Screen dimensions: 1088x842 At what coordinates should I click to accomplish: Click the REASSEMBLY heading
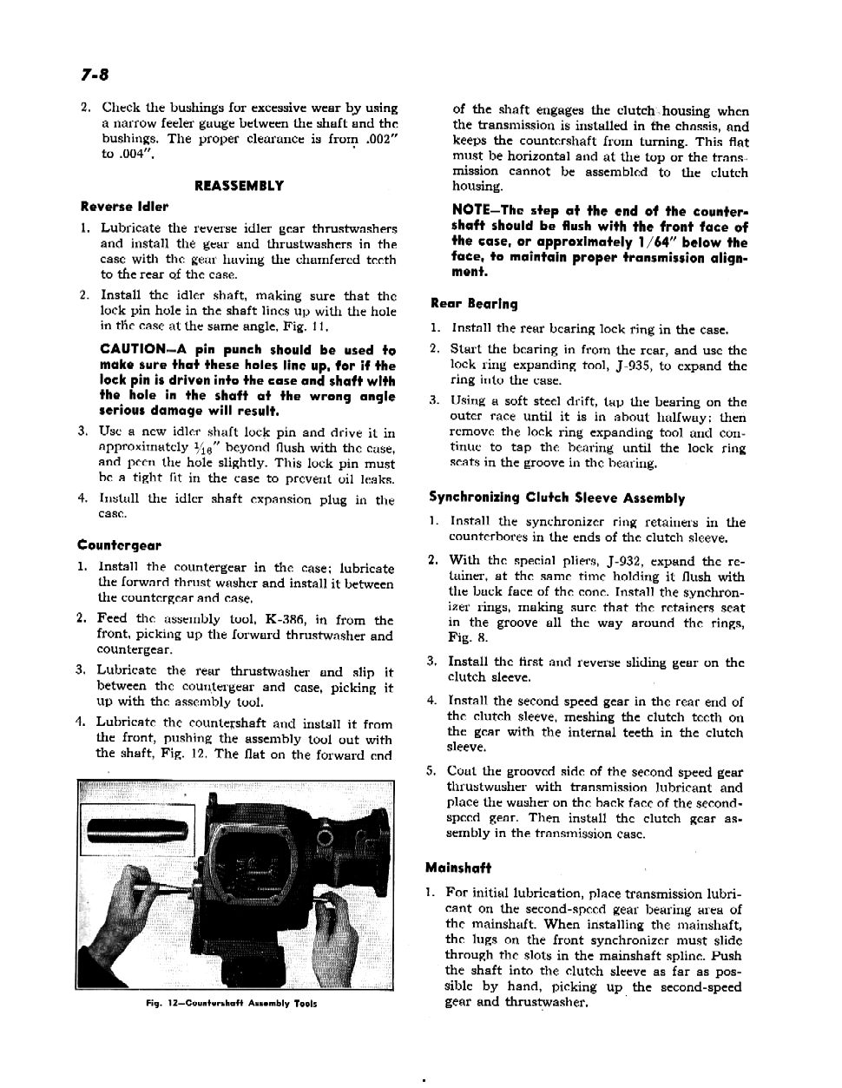[x=239, y=186]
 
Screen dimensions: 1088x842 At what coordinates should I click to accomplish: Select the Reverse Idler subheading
[x=124, y=207]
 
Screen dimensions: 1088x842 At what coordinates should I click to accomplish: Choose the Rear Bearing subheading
[x=474, y=304]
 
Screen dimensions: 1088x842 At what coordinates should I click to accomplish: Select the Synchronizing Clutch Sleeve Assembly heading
[x=556, y=498]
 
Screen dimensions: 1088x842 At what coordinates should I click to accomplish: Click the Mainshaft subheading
[x=458, y=867]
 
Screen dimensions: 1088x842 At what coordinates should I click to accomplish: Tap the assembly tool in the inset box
[x=137, y=833]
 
